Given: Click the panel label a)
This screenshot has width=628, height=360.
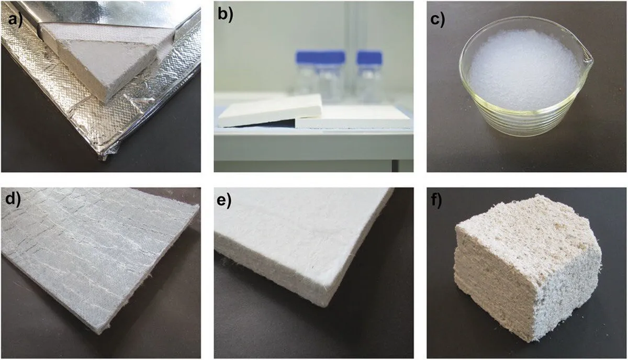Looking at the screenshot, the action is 15,19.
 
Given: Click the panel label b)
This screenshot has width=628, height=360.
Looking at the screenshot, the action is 226,14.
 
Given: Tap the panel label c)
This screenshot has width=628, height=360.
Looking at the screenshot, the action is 438,20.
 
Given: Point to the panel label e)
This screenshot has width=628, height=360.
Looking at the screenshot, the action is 225,200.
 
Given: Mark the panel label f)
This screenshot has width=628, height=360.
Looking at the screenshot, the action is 436,200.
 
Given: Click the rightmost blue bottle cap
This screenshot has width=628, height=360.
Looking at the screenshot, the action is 369,57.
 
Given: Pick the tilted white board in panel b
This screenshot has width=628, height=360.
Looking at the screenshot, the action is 270,111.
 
